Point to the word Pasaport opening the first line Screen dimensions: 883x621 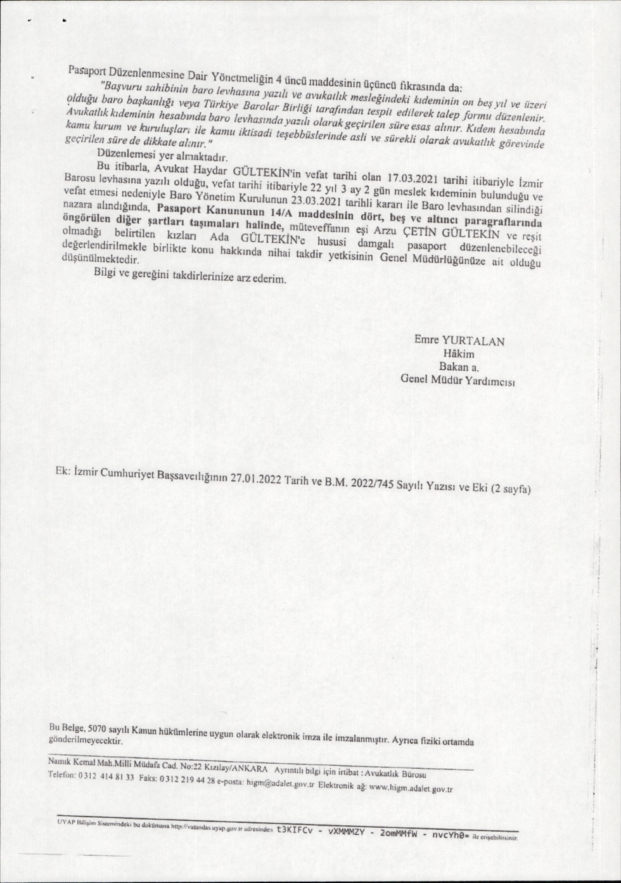(x=87, y=72)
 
